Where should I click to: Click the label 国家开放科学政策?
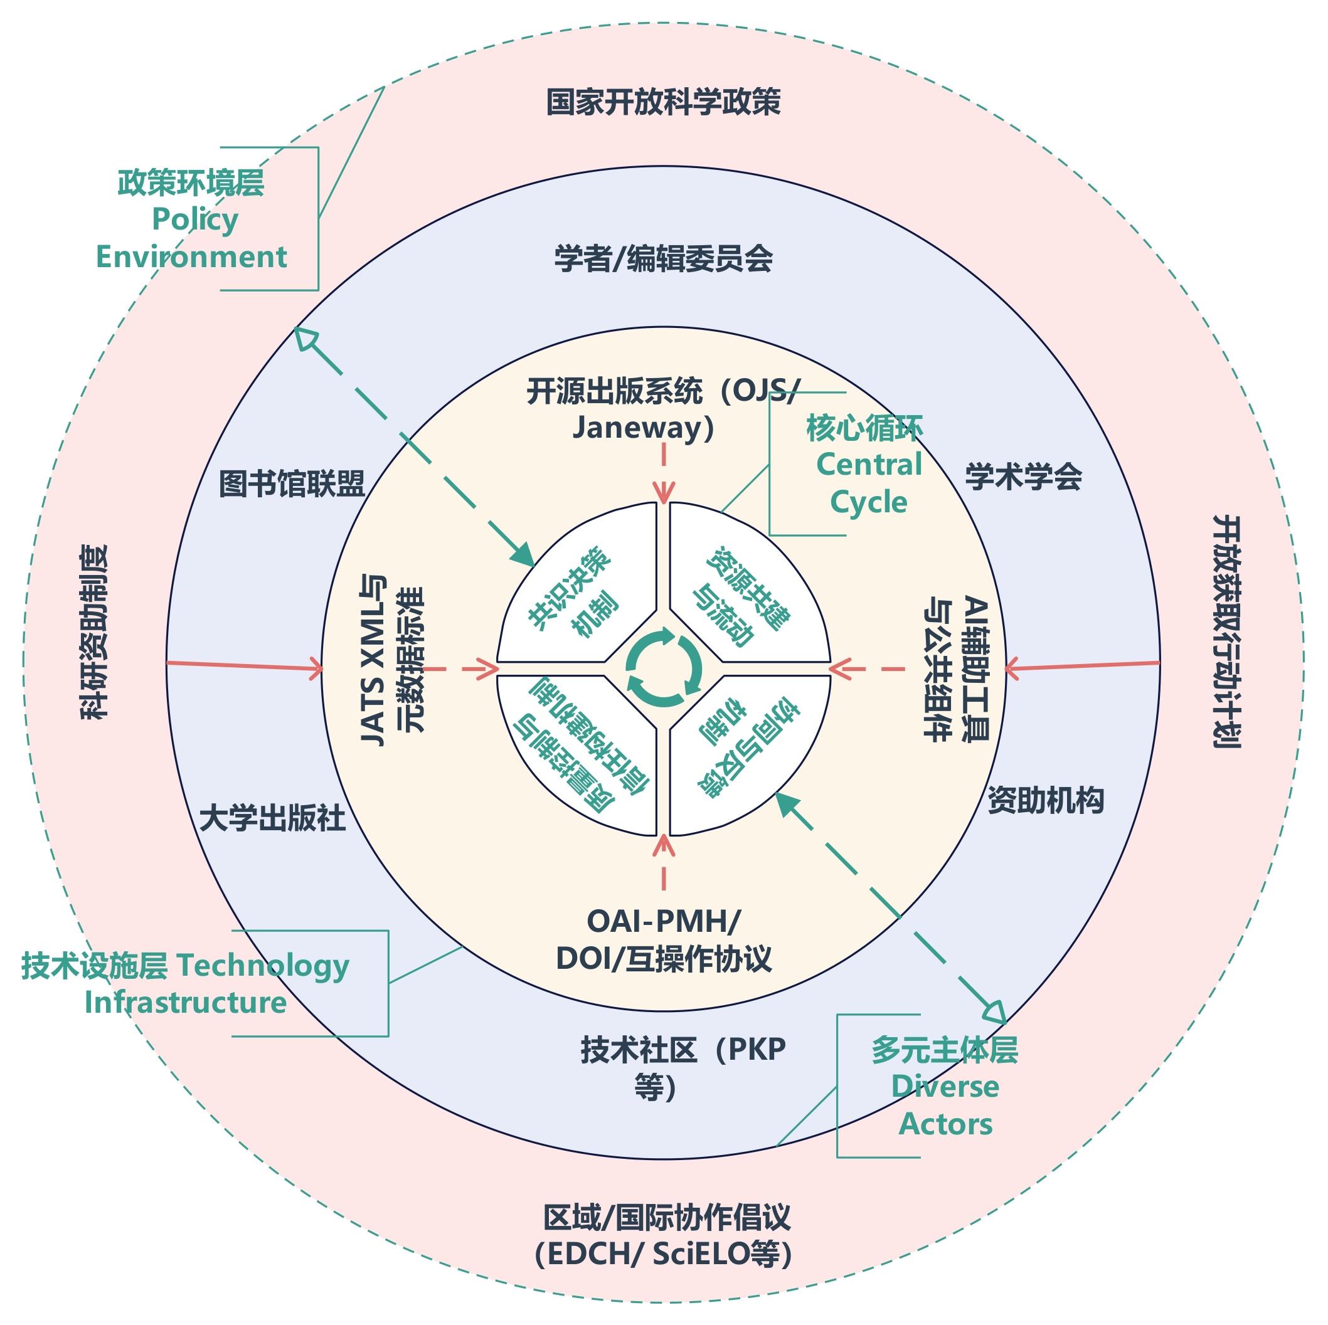[662, 102]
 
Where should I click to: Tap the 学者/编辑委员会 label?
[662, 259]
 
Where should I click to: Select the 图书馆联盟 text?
[292, 484]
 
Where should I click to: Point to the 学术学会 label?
[1023, 477]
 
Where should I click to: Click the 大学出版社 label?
[272, 818]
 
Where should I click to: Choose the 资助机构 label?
[1045, 800]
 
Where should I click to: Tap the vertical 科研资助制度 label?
[95, 632]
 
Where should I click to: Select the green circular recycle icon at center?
[663, 667]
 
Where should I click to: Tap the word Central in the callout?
[869, 465]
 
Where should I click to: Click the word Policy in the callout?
[194, 220]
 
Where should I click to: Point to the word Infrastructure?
[185, 1002]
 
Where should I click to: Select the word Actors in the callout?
[945, 1124]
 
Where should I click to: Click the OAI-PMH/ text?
[662, 922]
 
